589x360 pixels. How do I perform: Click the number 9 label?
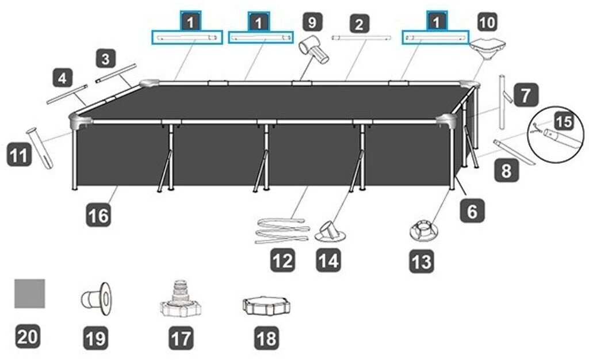click(x=312, y=22)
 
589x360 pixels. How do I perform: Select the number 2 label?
click(x=359, y=24)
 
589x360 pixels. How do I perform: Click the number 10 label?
click(x=487, y=22)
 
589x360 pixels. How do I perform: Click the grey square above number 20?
click(x=30, y=293)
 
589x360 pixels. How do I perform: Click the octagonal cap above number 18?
click(x=266, y=307)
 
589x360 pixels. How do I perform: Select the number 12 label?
click(x=283, y=260)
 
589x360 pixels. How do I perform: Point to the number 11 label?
click(x=19, y=155)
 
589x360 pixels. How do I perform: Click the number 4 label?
click(x=62, y=78)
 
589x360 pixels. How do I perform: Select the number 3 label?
click(x=106, y=59)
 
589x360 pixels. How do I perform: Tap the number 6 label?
click(x=472, y=211)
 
